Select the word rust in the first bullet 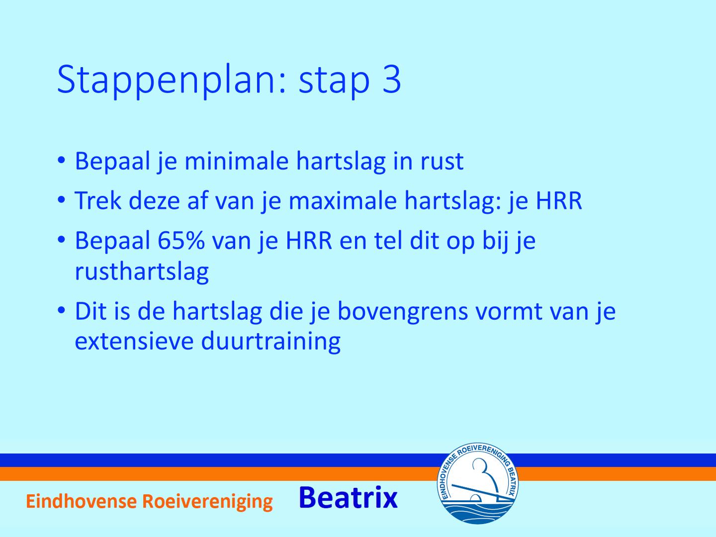(x=442, y=162)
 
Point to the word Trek (x=98, y=200)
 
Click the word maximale (x=343, y=201)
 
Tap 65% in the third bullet (x=181, y=241)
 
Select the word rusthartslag (x=142, y=271)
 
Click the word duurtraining (x=271, y=342)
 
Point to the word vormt (x=509, y=312)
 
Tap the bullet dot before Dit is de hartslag (x=61, y=310)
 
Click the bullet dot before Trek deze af (x=61, y=199)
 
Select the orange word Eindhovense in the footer (x=81, y=501)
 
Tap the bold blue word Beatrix (x=348, y=498)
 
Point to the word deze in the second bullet (x=154, y=200)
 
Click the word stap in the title (x=334, y=82)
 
